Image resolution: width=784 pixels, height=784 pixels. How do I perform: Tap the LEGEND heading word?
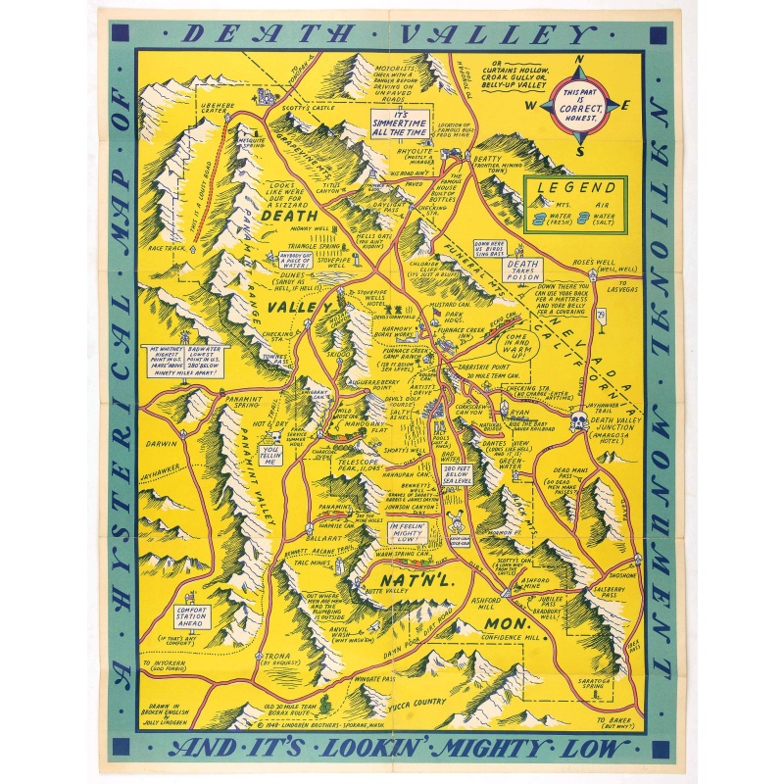click(574, 186)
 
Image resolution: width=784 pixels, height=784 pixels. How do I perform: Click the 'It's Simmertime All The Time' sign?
click(399, 122)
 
